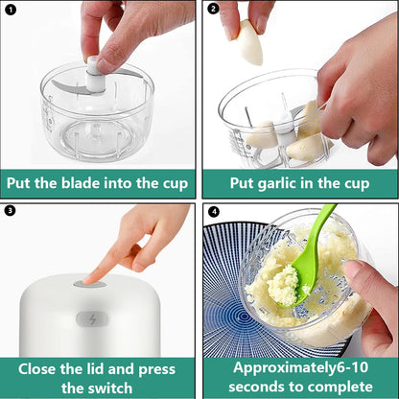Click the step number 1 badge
point(12,11)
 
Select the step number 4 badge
point(214,211)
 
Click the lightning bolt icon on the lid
point(92,319)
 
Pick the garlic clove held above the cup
point(250,43)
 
